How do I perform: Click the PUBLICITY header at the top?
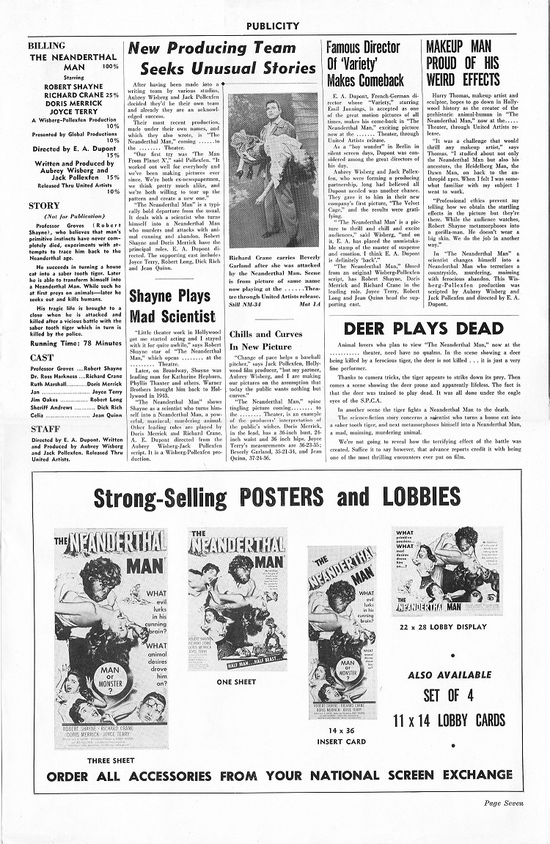click(x=273, y=26)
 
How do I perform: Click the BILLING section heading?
click(x=46, y=45)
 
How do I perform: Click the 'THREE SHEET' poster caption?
click(x=109, y=760)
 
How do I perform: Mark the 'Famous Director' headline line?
click(x=364, y=48)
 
